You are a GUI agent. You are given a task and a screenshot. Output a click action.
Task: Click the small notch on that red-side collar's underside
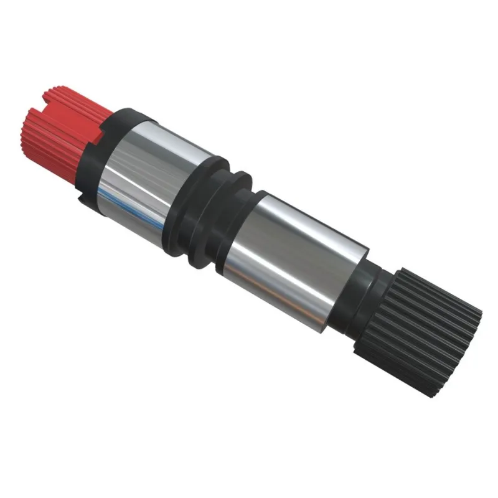tap(83, 198)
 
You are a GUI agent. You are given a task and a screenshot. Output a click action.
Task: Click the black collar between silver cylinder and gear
tap(361, 299)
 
